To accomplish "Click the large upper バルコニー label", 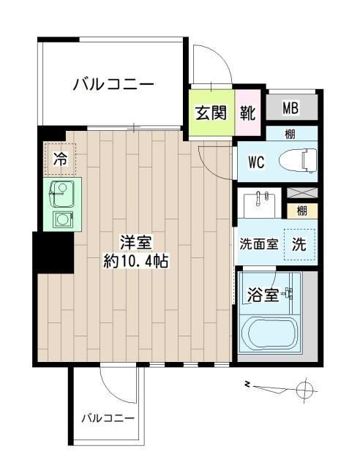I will pos(113,85).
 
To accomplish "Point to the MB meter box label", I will pos(290,109).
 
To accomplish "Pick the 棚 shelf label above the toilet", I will pos(290,133).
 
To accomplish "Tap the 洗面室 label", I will pos(258,244).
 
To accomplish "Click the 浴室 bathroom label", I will pos(262,295).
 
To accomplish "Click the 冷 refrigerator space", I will pos(60,156).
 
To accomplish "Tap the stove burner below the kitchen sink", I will pos(61,218).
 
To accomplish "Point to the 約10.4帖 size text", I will pos(136,261).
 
